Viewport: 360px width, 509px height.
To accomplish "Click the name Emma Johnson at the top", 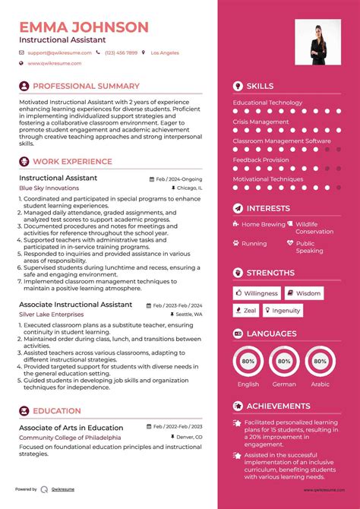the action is coord(84,27).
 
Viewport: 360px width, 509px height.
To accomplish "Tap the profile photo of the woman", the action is coord(317,43).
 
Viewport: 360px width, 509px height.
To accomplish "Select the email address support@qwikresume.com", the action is coord(59,53).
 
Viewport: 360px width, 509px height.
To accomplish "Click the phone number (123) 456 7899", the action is coord(122,53).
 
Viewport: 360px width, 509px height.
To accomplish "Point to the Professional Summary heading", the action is coord(86,86).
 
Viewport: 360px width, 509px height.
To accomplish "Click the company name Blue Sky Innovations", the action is coord(49,188).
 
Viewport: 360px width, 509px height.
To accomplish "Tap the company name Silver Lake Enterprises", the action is coord(52,314).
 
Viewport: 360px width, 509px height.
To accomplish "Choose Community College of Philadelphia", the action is coord(70,438).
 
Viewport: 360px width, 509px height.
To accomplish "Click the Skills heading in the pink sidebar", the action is coord(260,86).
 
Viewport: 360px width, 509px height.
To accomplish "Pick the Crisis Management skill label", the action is coord(261,122).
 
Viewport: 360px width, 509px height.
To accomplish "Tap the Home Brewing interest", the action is coord(263,225).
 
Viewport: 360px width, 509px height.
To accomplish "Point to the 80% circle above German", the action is coord(284,362).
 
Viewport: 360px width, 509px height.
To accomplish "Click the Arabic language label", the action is coord(321,384).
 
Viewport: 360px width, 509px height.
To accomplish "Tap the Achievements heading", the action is coord(278,406).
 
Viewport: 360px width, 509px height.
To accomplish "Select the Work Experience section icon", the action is coord(24,161).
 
